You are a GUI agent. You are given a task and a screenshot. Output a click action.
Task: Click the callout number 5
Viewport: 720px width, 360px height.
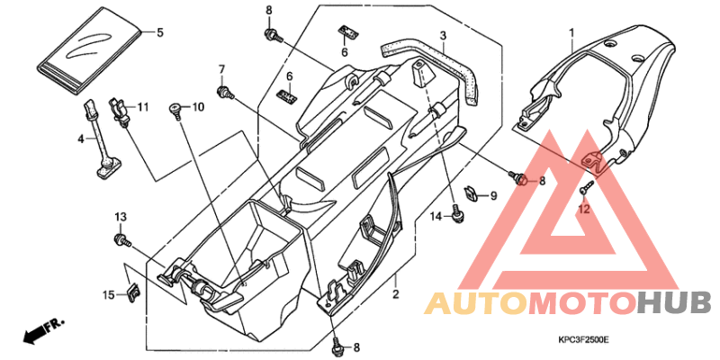pos(160,32)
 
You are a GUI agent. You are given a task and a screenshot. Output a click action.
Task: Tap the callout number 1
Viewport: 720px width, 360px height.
pos(571,32)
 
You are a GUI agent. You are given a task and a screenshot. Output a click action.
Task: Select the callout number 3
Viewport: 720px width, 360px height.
pos(443,35)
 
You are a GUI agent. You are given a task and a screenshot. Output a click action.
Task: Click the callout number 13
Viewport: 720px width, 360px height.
pos(121,216)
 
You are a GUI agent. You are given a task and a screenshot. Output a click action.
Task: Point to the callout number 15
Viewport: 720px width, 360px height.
pos(108,295)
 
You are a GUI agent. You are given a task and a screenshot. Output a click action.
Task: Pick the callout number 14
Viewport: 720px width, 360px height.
pos(436,216)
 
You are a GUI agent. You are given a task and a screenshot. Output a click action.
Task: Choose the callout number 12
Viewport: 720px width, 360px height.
pos(583,210)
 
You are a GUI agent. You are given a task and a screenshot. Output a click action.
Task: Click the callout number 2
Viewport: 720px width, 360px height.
pos(395,293)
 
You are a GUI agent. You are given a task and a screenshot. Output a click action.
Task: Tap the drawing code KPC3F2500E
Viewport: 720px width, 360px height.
pos(583,340)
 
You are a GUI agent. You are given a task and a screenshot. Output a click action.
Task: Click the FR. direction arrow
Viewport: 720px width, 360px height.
pos(43,330)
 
